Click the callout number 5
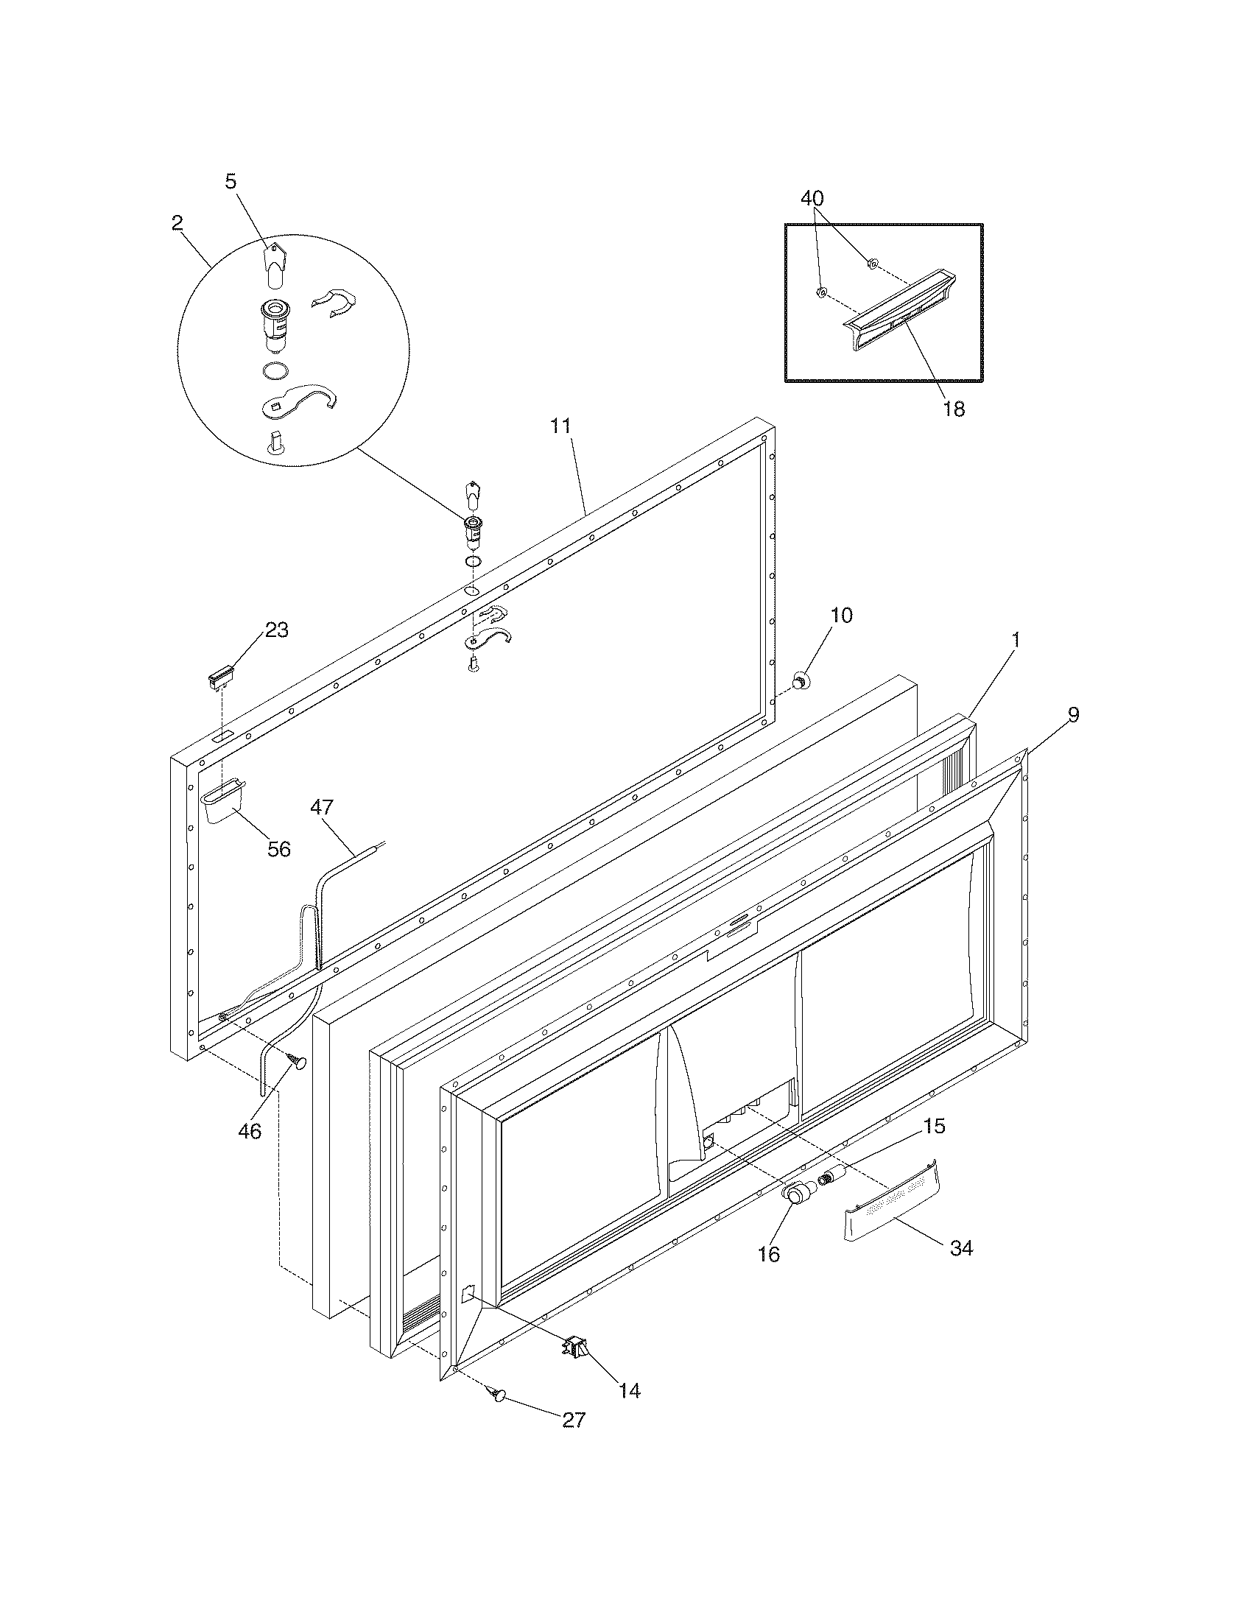click(231, 182)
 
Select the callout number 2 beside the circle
click(177, 222)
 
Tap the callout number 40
click(812, 198)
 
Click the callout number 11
click(560, 426)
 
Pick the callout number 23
click(277, 630)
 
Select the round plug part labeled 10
click(800, 678)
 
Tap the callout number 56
click(279, 848)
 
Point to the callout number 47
click(322, 807)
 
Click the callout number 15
click(934, 1125)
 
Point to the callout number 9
click(1073, 714)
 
